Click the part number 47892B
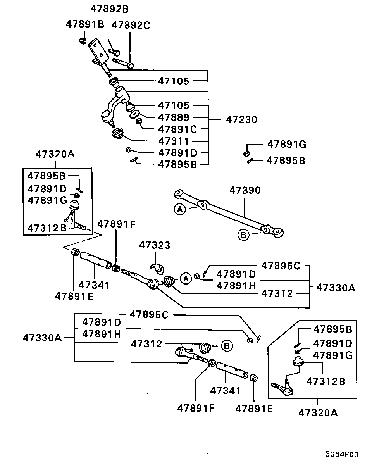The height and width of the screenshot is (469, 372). coord(110,9)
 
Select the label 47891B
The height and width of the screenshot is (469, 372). coord(85,24)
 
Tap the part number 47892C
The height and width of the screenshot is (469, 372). coord(131,25)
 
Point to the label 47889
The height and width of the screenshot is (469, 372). coord(174,117)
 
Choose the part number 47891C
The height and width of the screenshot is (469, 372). coord(177,129)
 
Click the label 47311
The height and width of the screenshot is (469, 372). coord(174,141)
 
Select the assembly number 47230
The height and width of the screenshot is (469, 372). coord(241,120)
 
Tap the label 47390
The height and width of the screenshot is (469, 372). coord(245,190)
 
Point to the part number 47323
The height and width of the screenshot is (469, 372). coord(155,245)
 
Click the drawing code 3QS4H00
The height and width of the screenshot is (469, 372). coord(341,455)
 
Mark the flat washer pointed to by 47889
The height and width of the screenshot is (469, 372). coord(134,114)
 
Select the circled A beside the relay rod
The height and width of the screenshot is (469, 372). coord(179,210)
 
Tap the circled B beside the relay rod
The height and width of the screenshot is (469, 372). coord(243,234)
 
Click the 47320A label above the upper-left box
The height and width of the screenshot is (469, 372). coord(55,154)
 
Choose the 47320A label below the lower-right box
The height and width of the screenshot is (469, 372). coord(318,413)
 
